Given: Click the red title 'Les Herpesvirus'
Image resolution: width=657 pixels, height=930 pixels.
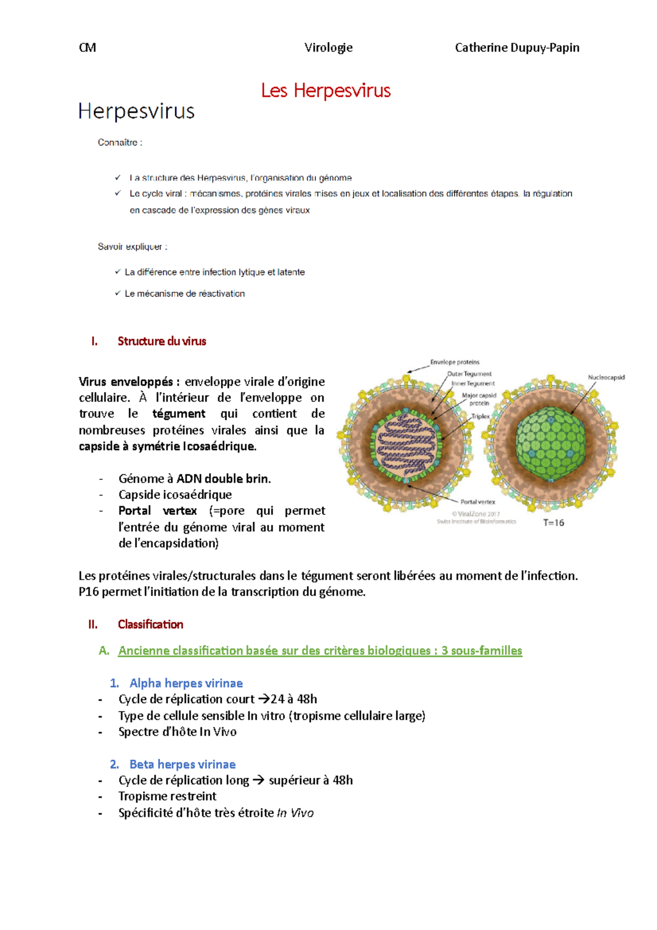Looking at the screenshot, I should click(326, 90).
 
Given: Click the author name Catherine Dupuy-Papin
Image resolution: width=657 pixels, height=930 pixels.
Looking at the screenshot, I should click(517, 48).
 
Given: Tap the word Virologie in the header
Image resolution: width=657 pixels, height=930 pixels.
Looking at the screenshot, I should click(328, 48).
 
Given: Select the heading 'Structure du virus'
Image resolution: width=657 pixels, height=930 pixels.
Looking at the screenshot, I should click(162, 341).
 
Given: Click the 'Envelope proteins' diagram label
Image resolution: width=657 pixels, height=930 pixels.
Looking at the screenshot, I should click(454, 362).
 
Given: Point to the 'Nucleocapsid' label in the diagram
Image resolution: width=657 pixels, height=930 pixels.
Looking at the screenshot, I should click(606, 377).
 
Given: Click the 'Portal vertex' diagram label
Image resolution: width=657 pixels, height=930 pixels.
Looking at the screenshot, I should click(477, 502).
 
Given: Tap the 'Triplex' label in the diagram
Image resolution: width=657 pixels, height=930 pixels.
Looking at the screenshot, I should click(481, 416).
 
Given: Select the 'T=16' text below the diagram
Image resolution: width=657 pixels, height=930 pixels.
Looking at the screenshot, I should click(554, 523).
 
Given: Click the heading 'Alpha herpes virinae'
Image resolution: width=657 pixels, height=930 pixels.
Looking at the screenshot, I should click(186, 683).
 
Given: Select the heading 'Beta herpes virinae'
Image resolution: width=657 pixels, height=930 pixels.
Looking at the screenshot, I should click(182, 764).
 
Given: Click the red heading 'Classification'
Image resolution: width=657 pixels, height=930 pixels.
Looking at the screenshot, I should click(151, 624).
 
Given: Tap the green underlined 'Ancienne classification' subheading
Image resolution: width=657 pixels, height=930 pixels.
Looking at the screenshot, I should click(320, 651).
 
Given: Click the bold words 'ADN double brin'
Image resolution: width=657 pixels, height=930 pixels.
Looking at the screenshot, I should click(223, 479).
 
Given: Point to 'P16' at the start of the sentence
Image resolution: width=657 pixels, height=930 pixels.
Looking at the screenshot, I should click(89, 592).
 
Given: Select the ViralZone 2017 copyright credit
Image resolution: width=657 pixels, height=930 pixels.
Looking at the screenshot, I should click(476, 514).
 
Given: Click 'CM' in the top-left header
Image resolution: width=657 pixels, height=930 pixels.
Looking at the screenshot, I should click(88, 48).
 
